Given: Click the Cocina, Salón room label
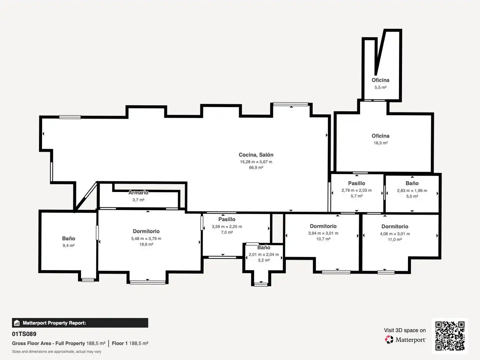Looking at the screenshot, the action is click(256, 155).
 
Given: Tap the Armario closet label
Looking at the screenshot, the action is click(138, 193).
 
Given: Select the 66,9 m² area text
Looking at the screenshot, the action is click(256, 168).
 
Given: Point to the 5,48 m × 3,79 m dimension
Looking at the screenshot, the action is click(146, 238).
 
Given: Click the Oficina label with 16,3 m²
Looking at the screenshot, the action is click(381, 136).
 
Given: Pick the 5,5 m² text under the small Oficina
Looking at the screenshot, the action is click(381, 87).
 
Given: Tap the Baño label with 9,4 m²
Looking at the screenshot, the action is click(68, 238).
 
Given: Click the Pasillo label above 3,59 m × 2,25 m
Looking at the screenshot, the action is click(227, 219).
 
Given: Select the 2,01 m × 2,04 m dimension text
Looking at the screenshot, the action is click(264, 254).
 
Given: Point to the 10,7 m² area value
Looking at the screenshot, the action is click(323, 239).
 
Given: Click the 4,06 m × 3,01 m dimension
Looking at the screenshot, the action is click(395, 234).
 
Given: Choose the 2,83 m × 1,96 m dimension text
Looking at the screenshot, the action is click(412, 191).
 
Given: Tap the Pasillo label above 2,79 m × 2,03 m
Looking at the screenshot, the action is click(356, 183).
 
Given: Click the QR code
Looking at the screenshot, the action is click(450, 336).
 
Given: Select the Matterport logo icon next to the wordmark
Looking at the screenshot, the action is click(389, 339).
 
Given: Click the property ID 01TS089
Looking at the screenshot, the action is click(24, 334).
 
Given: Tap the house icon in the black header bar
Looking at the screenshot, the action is click(17, 323).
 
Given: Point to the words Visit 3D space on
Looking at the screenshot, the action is click(405, 330).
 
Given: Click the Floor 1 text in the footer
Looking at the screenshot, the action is click(120, 343).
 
